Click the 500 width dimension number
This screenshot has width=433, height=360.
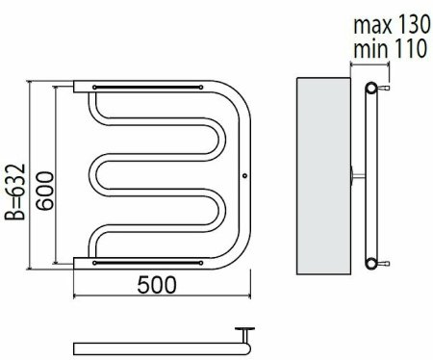(157, 284)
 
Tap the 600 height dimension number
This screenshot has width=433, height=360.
(44, 191)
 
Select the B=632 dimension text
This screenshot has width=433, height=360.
(15, 192)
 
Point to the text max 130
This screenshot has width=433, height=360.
(392, 25)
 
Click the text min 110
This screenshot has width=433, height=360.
(390, 48)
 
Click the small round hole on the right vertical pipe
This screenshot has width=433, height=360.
(244, 175)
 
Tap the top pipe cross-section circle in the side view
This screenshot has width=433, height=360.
(371, 88)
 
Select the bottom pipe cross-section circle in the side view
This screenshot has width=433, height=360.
(371, 264)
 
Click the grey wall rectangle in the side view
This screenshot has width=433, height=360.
(323, 176)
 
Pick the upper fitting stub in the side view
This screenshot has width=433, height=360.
(384, 88)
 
